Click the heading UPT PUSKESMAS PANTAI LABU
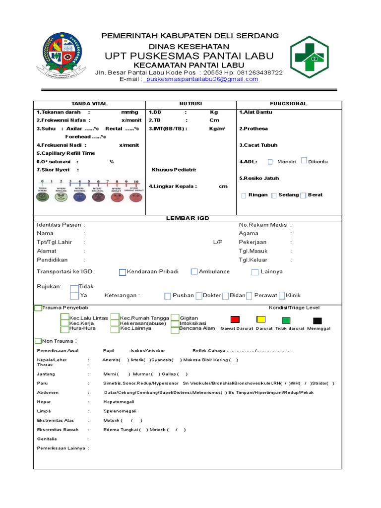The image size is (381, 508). tap(189, 55)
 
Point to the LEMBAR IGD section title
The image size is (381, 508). tap(188, 219)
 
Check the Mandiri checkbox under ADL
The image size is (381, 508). tap(270, 162)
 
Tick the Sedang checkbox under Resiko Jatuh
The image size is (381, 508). tap(274, 195)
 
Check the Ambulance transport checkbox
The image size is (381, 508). tap(194, 271)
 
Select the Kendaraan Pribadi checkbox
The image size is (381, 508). tap(123, 272)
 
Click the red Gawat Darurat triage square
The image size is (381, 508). tap(235, 319)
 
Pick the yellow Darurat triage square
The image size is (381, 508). tap(260, 319)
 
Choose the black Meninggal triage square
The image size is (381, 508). tap(317, 320)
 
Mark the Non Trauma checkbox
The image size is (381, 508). tap(38, 341)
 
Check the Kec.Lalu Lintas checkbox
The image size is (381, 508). tap(64, 317)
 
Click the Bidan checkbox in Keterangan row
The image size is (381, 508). tap(226, 296)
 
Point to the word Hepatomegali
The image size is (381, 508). tap(120, 402)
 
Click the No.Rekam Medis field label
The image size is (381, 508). tap(262, 225)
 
